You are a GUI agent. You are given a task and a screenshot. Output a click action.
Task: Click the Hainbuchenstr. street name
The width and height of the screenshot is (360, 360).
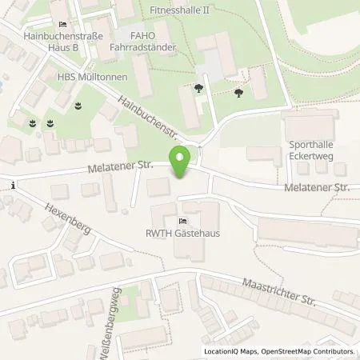tap(145, 118)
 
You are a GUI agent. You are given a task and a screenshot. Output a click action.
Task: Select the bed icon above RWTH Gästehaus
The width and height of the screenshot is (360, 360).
tap(183, 220)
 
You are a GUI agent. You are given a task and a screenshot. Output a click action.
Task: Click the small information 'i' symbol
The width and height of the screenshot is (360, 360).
tap(14, 186)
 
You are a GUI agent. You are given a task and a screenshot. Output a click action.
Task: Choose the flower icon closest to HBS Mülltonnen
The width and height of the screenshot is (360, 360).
tap(78, 104)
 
